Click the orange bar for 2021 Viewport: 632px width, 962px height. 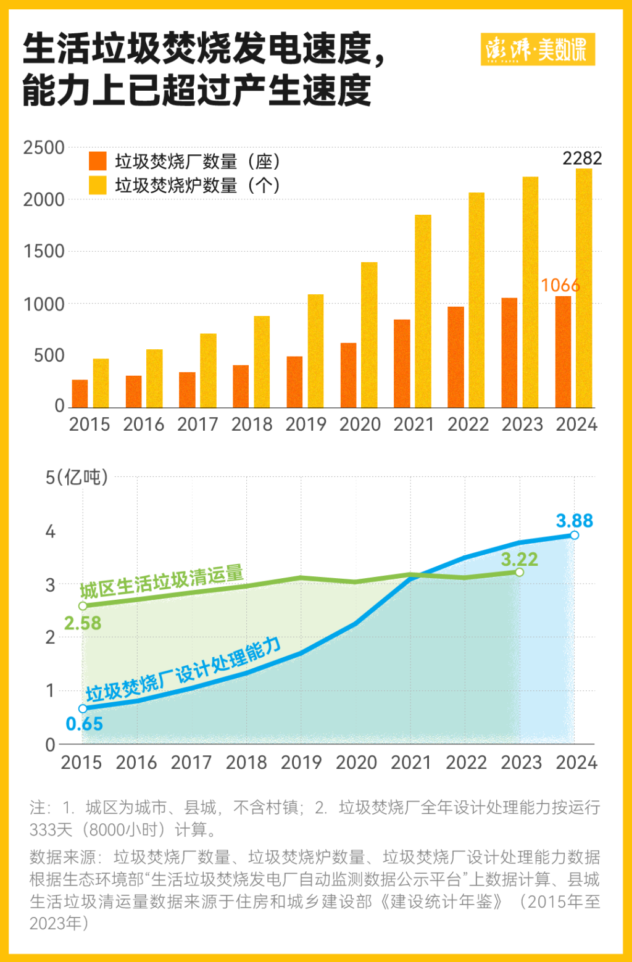point(402,363)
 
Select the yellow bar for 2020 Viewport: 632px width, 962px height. point(369,335)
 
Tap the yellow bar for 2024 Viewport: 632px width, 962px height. point(584,288)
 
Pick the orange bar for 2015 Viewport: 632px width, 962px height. point(80,394)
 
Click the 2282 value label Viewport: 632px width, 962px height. point(581,159)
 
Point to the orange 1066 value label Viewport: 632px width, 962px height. point(560,285)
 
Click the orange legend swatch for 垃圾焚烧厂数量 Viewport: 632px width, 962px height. point(98,161)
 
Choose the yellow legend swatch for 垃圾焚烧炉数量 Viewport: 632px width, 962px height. point(98,185)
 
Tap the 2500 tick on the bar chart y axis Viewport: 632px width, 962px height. point(44,148)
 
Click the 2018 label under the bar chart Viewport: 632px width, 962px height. point(252,425)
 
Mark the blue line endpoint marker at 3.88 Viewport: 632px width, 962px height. point(575,535)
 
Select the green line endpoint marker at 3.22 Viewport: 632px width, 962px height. point(519,573)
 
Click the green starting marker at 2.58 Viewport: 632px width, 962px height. point(83,606)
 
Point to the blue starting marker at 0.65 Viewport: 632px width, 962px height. point(83,709)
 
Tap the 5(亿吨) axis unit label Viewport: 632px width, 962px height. point(77,477)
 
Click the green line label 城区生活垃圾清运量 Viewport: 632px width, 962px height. point(162,581)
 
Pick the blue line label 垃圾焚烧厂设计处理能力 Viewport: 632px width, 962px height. point(184,670)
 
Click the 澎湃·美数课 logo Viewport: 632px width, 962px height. point(538,49)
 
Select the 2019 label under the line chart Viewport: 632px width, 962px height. point(301,763)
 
